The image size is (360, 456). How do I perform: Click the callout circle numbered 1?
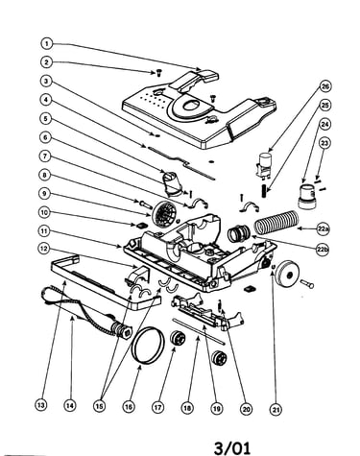click(x=47, y=43)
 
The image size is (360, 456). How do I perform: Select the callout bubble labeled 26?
click(x=325, y=86)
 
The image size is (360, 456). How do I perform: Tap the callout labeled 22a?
click(x=324, y=228)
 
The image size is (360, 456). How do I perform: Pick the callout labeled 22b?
click(x=323, y=251)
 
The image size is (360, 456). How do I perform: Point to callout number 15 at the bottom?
click(x=99, y=406)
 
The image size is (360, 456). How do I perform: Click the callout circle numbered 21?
click(x=276, y=409)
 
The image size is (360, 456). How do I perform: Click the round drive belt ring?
click(x=148, y=345)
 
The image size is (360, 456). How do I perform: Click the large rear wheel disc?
click(x=288, y=275)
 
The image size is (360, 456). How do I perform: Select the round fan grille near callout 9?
click(x=163, y=214)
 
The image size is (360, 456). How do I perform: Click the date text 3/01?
click(x=232, y=447)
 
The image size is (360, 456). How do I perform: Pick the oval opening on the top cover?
click(x=192, y=106)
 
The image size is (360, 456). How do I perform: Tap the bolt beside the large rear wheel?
click(x=306, y=283)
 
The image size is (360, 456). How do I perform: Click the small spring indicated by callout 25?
click(x=264, y=191)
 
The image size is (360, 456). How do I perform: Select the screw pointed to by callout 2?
click(x=158, y=73)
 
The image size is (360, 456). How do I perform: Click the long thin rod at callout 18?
click(x=199, y=331)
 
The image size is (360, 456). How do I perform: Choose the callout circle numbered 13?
click(x=40, y=405)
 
